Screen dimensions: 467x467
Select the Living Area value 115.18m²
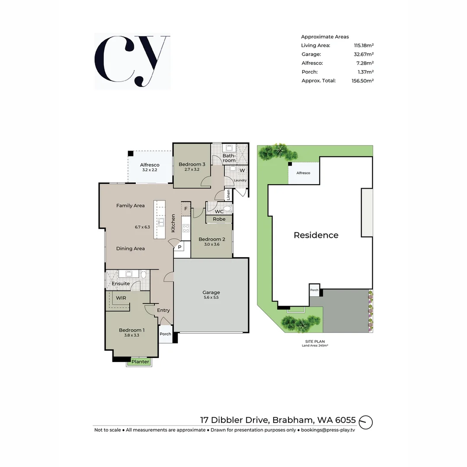(363, 45)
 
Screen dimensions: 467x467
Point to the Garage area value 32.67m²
(363, 54)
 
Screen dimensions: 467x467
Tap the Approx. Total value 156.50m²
(362, 81)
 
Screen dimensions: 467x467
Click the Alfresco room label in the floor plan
(150, 165)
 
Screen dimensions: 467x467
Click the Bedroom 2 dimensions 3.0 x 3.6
(211, 244)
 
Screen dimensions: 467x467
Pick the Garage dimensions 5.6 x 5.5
(211, 297)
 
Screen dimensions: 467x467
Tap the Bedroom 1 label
(131, 330)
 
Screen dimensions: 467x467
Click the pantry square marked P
(179, 247)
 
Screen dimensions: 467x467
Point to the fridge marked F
(186, 209)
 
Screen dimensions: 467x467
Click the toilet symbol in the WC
(228, 209)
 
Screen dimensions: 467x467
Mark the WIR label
(121, 298)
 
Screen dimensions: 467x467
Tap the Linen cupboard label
(228, 195)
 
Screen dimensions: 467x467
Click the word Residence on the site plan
(316, 235)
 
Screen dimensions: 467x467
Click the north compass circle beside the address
(366, 422)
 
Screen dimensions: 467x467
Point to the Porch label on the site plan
(314, 290)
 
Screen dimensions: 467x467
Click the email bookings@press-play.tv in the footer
(328, 430)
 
